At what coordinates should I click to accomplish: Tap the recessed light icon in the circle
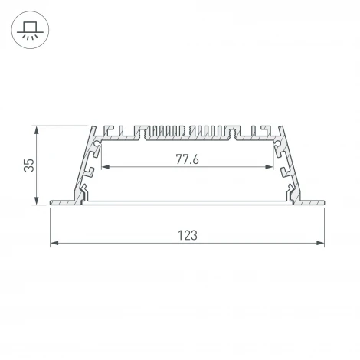coord(31,31)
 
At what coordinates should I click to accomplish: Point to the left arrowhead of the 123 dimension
coord(54,244)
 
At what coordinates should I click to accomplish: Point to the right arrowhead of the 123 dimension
coord(321,244)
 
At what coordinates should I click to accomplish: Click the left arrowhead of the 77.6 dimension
coord(105,167)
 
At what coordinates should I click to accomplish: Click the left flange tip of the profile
coord(52,204)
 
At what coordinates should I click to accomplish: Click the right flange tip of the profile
coord(323,204)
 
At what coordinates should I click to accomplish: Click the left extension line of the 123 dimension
coord(51,226)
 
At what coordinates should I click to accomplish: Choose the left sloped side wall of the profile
coord(85,165)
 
